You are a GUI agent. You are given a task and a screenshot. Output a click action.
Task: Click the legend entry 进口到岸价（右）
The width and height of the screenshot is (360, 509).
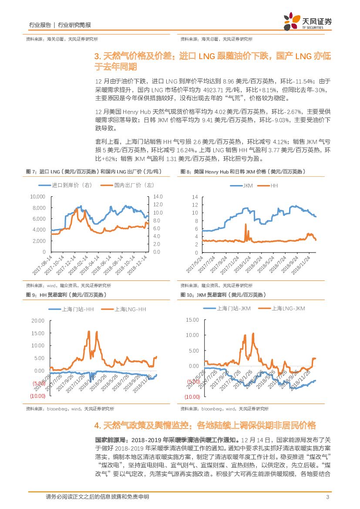coord(72,185)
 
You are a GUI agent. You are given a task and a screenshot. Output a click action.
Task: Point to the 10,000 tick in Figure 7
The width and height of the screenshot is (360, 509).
coord(37,196)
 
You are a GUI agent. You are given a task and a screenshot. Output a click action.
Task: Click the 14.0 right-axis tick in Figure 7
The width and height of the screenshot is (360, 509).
coord(157,196)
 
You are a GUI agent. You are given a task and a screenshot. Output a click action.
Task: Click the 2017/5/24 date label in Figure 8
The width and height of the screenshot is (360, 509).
coord(195,266)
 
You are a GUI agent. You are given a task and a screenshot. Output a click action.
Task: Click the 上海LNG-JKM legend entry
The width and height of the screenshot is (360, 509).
coord(288,308)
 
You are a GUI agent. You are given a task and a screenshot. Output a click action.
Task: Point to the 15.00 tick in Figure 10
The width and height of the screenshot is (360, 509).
coord(192,320)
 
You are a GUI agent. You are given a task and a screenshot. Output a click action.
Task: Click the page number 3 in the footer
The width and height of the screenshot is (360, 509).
coord(327,497)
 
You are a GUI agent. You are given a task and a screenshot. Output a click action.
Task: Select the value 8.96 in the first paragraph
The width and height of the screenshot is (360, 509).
coord(228,81)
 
